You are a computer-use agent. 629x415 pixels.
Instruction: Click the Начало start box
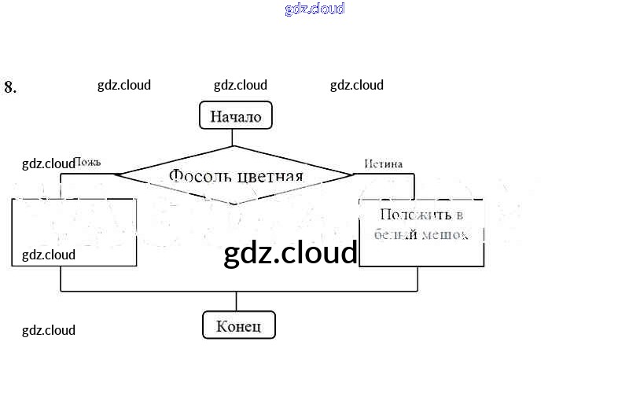tap(235, 117)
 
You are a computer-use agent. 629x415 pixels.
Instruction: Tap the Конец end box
tap(239, 325)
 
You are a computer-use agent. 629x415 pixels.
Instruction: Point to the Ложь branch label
tap(86, 163)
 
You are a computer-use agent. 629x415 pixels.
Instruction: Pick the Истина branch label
tap(384, 163)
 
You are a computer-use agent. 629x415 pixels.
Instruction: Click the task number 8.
tap(10, 87)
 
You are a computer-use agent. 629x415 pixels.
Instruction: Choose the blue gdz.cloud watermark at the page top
tap(314, 9)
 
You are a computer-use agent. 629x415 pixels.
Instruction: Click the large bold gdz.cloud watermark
tap(291, 252)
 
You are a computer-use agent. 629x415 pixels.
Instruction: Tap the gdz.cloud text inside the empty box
tap(49, 255)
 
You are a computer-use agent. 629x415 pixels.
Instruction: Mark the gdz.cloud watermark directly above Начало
tap(241, 85)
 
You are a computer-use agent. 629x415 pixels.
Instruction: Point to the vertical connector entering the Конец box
tap(237, 302)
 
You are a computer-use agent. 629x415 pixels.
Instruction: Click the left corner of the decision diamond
tap(115, 175)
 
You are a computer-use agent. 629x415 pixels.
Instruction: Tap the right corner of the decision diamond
tap(354, 175)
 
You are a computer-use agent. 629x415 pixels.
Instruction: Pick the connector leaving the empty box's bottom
tap(61, 279)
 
